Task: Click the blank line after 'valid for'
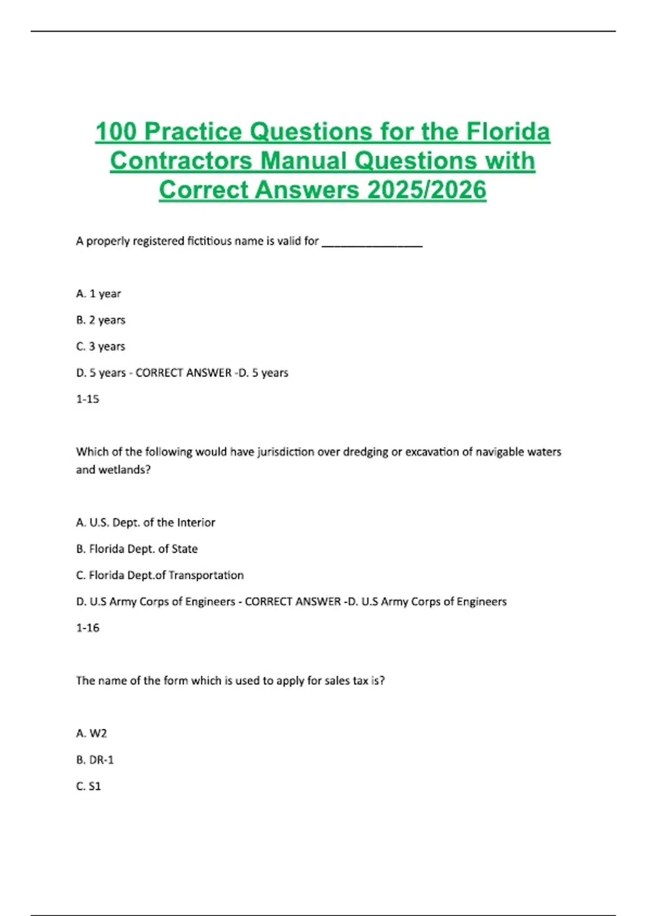[x=372, y=242]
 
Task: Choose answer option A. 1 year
[x=99, y=294]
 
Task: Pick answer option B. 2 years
[x=101, y=320]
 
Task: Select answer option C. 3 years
[x=101, y=346]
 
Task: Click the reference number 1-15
[x=88, y=399]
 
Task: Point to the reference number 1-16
[x=88, y=628]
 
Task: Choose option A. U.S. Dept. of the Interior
[x=146, y=523]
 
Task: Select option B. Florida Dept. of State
[x=137, y=549]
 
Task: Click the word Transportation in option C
[x=206, y=575]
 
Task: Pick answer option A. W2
[x=92, y=733]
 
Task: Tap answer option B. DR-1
[x=95, y=760]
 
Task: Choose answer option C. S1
[x=89, y=786]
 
